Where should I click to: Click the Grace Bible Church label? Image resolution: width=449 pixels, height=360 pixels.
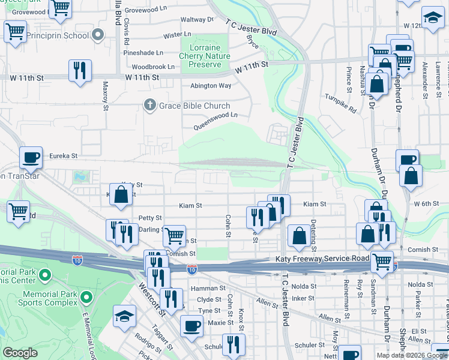pos(194,106)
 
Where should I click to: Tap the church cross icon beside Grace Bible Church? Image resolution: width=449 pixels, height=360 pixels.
pos(151,106)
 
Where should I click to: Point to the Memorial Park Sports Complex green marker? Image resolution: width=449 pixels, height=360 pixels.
pos(87,296)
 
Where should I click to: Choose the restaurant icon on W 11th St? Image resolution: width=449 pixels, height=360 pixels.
pos(80,71)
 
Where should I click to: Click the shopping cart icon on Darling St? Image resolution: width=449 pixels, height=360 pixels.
pos(174,236)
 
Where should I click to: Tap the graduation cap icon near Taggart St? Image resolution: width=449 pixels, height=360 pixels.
pos(125,316)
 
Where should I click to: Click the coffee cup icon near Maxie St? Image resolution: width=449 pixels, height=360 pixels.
pos(191,326)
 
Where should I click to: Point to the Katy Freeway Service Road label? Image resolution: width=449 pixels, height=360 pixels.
pos(322,259)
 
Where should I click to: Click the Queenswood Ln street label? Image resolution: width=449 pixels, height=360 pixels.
pos(215,121)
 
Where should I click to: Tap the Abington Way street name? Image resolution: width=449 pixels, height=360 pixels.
pos(211,86)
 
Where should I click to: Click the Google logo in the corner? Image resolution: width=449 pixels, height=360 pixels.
pos(20,353)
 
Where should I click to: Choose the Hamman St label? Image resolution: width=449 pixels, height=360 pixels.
pos(207,289)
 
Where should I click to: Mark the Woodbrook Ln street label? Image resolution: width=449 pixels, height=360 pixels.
pos(153,67)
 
